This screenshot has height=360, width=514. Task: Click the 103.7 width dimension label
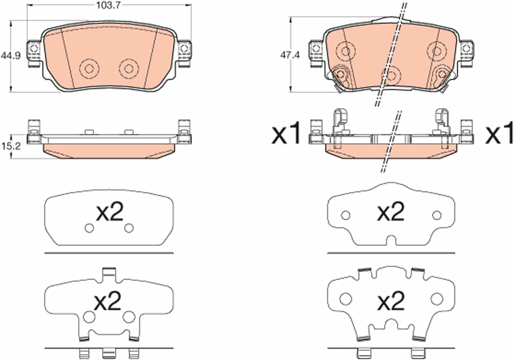108,5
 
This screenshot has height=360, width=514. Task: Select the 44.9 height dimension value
11,55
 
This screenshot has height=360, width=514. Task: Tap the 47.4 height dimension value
290,55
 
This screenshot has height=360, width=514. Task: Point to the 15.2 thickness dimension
11,146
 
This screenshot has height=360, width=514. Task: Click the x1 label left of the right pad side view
286,133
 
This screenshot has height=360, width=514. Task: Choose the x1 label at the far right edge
499,133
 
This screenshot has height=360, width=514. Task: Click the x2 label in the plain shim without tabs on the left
109,212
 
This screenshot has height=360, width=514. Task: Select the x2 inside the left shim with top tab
108,301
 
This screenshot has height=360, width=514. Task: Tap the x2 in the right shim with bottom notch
390,211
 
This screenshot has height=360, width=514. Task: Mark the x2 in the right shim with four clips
391,301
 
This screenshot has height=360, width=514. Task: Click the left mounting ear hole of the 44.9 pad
34,49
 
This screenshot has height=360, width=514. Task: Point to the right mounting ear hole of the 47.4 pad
466,48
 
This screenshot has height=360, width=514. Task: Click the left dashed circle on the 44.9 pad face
89,69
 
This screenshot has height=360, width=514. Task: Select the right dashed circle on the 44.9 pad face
129,69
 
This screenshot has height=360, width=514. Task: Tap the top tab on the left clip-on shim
109,273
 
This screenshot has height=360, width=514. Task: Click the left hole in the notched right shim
345,215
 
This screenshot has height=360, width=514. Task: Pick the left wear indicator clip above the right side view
341,122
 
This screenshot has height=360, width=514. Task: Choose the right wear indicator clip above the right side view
441,122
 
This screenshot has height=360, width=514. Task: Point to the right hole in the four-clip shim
437,299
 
